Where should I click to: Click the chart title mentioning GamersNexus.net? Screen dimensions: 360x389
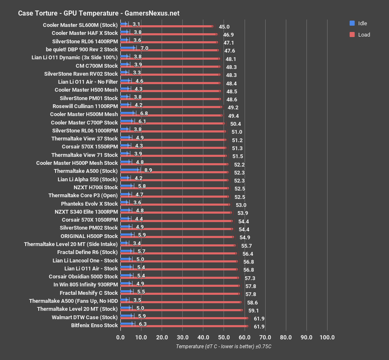(x=99, y=13)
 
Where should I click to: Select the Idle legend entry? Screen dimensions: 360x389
(x=362, y=23)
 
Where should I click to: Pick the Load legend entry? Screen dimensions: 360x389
(x=363, y=34)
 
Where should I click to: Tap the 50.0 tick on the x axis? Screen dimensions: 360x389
(x=224, y=337)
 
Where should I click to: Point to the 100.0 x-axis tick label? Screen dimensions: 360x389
(x=327, y=337)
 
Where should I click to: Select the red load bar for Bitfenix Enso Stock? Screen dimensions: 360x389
(x=184, y=326)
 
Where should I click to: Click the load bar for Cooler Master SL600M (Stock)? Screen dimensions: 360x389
(x=167, y=26)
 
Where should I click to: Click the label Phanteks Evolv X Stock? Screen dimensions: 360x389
(x=89, y=204)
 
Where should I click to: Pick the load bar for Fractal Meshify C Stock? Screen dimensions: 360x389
(x=180, y=294)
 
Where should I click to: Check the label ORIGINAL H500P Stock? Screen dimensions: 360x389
(x=89, y=236)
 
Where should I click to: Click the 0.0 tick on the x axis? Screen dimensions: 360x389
(x=121, y=337)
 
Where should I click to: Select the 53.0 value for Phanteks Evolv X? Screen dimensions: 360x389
(x=241, y=205)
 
